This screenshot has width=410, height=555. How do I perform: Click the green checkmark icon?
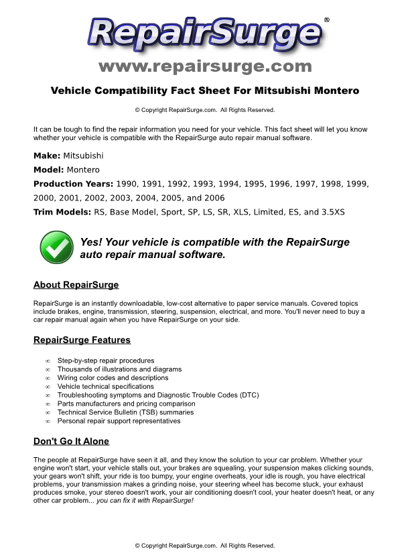(57, 248)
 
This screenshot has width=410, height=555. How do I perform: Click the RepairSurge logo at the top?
(204, 34)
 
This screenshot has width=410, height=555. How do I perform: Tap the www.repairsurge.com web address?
(205, 66)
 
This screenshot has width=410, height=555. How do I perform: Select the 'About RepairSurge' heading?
(76, 285)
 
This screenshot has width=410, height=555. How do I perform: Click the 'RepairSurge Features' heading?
(82, 340)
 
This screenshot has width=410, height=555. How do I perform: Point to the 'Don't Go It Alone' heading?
(71, 441)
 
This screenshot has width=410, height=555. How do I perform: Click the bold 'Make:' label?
(47, 156)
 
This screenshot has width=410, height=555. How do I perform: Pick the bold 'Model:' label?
(49, 170)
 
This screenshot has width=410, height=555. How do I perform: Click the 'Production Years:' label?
(74, 184)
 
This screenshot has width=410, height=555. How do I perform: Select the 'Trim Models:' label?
(62, 212)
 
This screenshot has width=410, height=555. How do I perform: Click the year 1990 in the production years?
(128, 184)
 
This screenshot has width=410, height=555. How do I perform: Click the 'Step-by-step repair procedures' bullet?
(106, 361)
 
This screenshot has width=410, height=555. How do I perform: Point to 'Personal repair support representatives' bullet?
(119, 421)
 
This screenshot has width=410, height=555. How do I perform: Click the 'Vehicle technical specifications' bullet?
(105, 387)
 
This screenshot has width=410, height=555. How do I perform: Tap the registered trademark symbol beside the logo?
(326, 20)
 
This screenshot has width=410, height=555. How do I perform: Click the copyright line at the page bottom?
(205, 546)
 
